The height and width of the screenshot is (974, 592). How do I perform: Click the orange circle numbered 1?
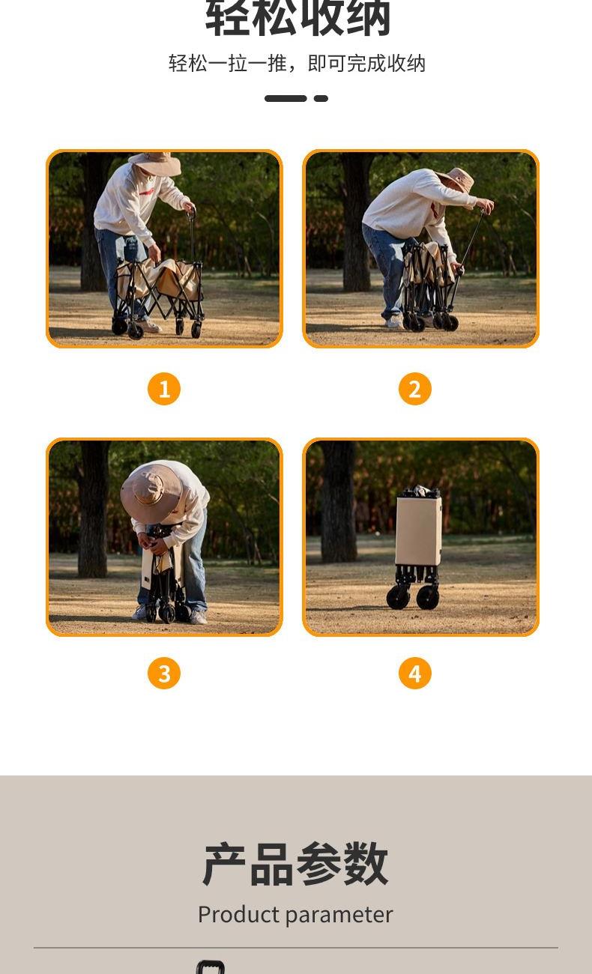pos(164,389)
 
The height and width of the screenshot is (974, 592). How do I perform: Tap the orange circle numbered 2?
pos(415,389)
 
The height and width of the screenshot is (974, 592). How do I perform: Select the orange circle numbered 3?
pos(164,673)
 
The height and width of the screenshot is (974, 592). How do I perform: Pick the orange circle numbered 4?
pos(415,673)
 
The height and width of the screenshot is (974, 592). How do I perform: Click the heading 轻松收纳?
pos(297,18)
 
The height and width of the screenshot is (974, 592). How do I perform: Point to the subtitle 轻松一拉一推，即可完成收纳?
pos(297,64)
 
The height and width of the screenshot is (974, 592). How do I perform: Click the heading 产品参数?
pos(295,864)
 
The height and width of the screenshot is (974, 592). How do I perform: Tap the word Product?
pos(238,914)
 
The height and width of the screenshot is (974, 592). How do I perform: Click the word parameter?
pos(339,916)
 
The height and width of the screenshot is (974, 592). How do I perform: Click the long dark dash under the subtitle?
pos(286,98)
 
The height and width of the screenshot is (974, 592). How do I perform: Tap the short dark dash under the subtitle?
pos(321,98)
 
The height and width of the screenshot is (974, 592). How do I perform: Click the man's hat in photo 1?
pos(156,163)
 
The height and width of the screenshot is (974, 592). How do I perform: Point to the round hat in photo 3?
pos(151,494)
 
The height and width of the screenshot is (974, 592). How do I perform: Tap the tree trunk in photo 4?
pos(338,501)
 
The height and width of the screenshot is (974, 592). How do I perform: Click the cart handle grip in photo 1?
pos(192,213)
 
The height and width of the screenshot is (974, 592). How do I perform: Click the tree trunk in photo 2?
pos(357,222)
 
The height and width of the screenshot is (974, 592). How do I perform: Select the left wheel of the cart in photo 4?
pos(398,597)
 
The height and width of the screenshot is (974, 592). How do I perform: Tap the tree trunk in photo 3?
pos(93,509)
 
